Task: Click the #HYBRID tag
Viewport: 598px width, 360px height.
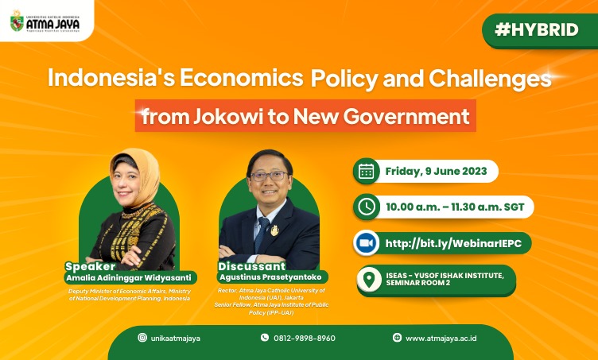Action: pos(537,29)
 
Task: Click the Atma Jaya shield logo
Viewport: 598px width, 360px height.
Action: pos(17,21)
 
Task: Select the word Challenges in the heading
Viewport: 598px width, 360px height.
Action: pos(490,78)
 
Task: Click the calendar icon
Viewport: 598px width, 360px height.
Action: pos(366,171)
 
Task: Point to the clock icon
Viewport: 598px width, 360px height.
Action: pos(366,207)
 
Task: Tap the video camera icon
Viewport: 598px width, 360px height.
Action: pos(366,243)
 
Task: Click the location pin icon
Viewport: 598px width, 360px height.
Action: pos(369,280)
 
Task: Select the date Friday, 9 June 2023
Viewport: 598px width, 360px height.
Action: pos(436,171)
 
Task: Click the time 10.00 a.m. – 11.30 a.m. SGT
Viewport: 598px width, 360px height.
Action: pos(456,207)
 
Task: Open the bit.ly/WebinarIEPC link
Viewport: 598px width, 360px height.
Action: pos(453,243)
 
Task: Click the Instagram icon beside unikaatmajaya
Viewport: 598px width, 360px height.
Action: pos(142,338)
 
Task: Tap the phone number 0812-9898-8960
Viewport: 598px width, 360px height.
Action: pos(305,339)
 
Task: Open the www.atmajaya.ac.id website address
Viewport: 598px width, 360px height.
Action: pos(441,339)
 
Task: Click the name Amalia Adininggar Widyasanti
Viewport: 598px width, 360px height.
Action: pos(129,278)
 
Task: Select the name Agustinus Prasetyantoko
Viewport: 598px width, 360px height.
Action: pos(270,277)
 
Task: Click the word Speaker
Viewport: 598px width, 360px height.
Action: pos(90,266)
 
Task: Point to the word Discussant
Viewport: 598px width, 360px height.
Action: pos(252,266)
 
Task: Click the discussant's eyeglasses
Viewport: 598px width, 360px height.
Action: pos(269,176)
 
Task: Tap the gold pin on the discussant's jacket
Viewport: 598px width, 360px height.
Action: pos(274,230)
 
